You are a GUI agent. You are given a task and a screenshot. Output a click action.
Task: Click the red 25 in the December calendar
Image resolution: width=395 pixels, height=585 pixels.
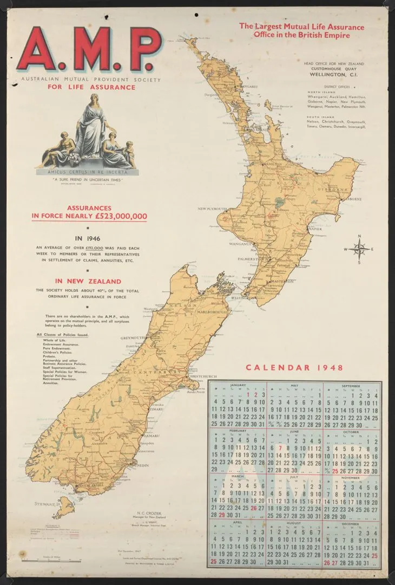click(x=374, y=556)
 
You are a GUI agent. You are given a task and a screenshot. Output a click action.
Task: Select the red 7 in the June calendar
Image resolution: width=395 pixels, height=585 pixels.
click(x=280, y=448)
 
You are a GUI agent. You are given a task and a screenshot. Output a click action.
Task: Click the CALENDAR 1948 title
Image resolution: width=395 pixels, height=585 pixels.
click(x=294, y=368)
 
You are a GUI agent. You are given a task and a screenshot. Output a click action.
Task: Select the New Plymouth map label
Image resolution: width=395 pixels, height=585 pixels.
click(x=212, y=208)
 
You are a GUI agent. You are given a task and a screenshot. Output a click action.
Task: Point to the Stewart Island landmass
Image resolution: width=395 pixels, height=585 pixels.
click(x=64, y=507)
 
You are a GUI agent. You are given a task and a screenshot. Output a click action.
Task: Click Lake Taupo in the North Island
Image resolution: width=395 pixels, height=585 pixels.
click(x=279, y=205)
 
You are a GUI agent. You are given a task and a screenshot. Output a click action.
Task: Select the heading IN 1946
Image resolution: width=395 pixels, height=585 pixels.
click(x=88, y=237)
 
